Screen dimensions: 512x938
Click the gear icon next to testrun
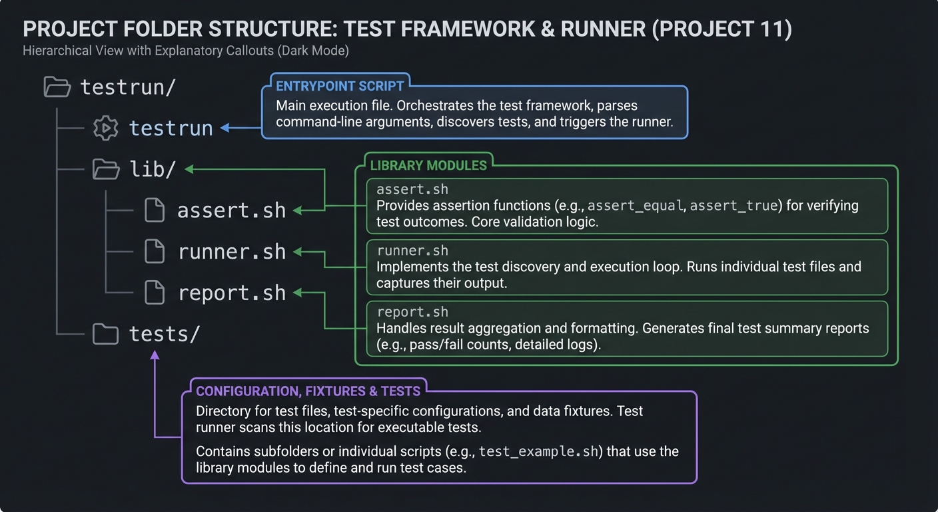click(x=105, y=128)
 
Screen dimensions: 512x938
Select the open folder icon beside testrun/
click(x=57, y=87)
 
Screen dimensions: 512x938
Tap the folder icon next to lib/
click(x=106, y=169)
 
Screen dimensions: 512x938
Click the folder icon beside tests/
click(x=105, y=334)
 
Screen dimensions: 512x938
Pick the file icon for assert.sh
click(x=155, y=211)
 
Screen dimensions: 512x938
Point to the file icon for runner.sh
click(x=155, y=252)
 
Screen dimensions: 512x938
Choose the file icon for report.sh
click(x=155, y=293)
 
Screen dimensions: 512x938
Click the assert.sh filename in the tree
click(x=231, y=211)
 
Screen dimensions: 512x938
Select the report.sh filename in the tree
click(x=231, y=293)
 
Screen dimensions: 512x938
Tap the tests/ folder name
click(x=164, y=334)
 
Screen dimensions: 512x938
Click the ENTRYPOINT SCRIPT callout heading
click(x=340, y=86)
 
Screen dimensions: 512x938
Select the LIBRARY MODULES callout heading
click(x=428, y=165)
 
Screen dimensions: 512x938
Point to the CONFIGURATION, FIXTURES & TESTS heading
click(x=308, y=391)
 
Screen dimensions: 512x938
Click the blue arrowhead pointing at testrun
click(x=225, y=128)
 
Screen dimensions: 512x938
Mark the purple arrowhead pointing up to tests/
click(x=155, y=356)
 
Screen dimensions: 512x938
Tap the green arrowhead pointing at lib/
click(x=189, y=169)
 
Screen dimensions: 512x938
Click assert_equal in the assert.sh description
click(x=635, y=206)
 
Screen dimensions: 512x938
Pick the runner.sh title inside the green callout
click(x=412, y=251)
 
